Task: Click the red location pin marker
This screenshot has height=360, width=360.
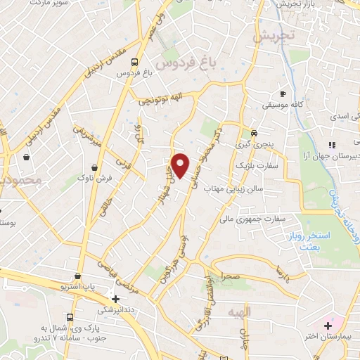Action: coord(181,165)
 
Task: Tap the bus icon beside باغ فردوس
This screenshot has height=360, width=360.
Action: coord(135,60)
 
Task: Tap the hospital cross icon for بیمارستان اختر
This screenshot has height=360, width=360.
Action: coord(328,326)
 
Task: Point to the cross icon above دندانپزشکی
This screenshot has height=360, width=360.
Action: coord(115,298)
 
